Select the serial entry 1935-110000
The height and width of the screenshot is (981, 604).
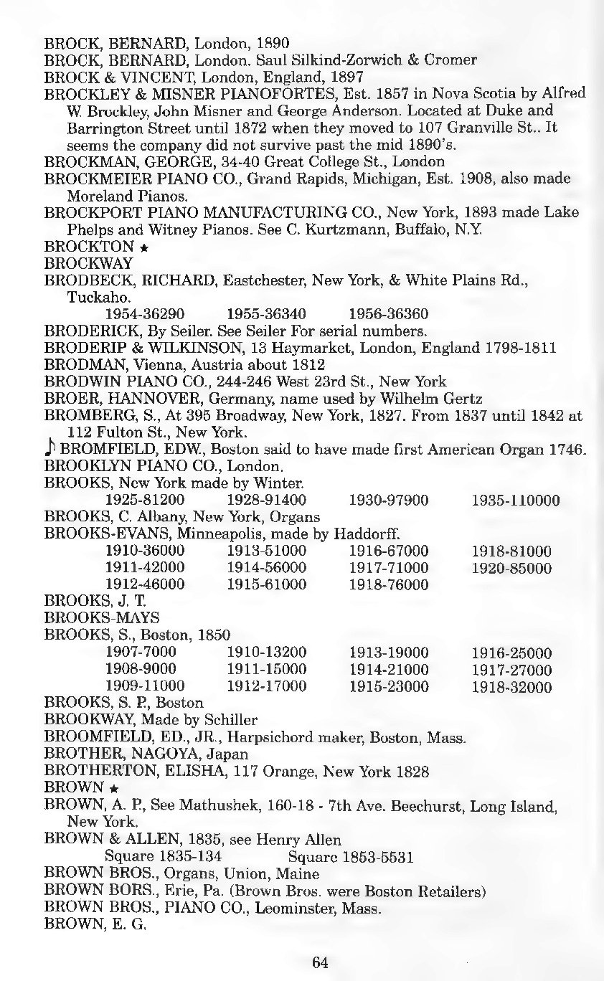[516, 500]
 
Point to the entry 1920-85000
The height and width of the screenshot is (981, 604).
[511, 568]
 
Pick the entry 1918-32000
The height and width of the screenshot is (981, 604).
[511, 687]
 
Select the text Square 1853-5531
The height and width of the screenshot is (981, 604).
[350, 857]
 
